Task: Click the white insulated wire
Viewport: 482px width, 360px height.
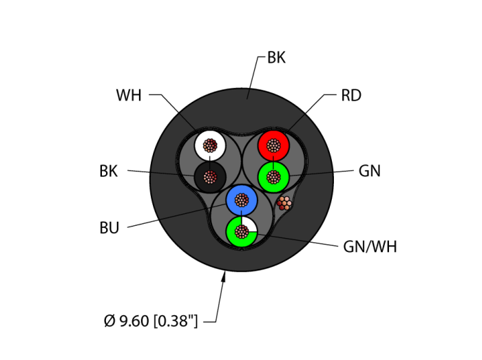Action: (x=200, y=145)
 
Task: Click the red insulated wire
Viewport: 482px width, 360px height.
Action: (x=265, y=145)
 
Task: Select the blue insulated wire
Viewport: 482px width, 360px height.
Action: (x=233, y=200)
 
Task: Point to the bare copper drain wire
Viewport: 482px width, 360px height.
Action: (x=284, y=202)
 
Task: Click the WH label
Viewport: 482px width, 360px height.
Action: (x=128, y=96)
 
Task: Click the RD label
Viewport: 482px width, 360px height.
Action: (x=351, y=95)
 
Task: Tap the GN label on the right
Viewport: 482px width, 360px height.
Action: (x=370, y=171)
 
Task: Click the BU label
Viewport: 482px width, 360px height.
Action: (x=109, y=228)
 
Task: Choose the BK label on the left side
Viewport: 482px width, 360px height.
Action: (x=109, y=171)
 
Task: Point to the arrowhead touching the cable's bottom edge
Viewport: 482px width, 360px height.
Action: (x=224, y=277)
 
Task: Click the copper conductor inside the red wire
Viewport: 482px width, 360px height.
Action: (x=275, y=146)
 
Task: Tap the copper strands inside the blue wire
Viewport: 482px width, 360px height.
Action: (x=242, y=200)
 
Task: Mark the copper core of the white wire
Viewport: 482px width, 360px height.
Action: (x=209, y=146)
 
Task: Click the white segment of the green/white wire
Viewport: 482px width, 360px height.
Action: (x=251, y=224)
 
